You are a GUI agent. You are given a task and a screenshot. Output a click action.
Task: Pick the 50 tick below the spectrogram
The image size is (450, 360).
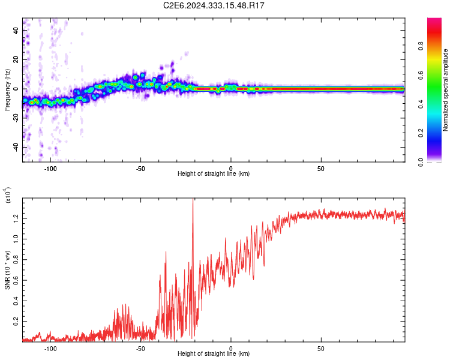pos(321,169)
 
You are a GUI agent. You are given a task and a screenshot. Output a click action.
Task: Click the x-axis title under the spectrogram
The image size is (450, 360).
pos(214,174)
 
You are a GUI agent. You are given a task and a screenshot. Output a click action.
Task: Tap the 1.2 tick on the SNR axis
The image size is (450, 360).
pos(16,217)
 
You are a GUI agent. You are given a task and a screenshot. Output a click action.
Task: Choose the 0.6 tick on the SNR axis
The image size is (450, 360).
pos(16,280)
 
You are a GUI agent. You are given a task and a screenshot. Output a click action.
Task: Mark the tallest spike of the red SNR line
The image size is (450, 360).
pos(193,200)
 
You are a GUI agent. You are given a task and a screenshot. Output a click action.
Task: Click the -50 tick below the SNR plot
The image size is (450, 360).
pos(140,349)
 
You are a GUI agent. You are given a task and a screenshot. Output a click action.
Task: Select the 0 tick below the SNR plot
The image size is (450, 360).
pos(231,349)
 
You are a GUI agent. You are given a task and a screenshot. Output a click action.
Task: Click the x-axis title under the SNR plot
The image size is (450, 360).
pos(214,354)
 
